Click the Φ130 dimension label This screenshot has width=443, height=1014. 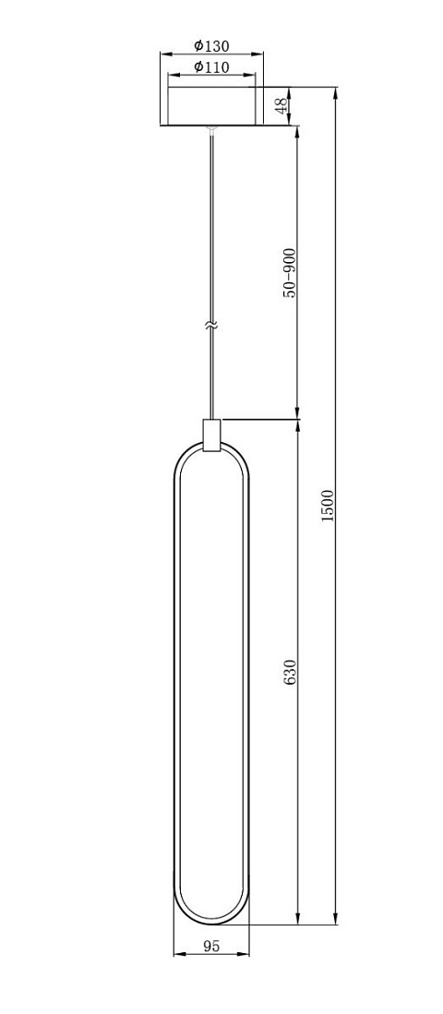point(210,46)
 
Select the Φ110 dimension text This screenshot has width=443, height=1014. point(210,66)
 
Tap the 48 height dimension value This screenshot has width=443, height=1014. point(280,106)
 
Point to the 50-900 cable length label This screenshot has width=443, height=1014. point(290,272)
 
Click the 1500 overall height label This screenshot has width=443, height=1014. point(328,507)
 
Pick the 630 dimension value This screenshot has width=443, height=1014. point(290,673)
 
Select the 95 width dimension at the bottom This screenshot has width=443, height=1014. point(211,946)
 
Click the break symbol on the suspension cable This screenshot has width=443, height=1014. point(210,326)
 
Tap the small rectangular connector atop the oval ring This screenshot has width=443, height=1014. point(211,435)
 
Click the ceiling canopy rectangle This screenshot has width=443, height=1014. point(211,105)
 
